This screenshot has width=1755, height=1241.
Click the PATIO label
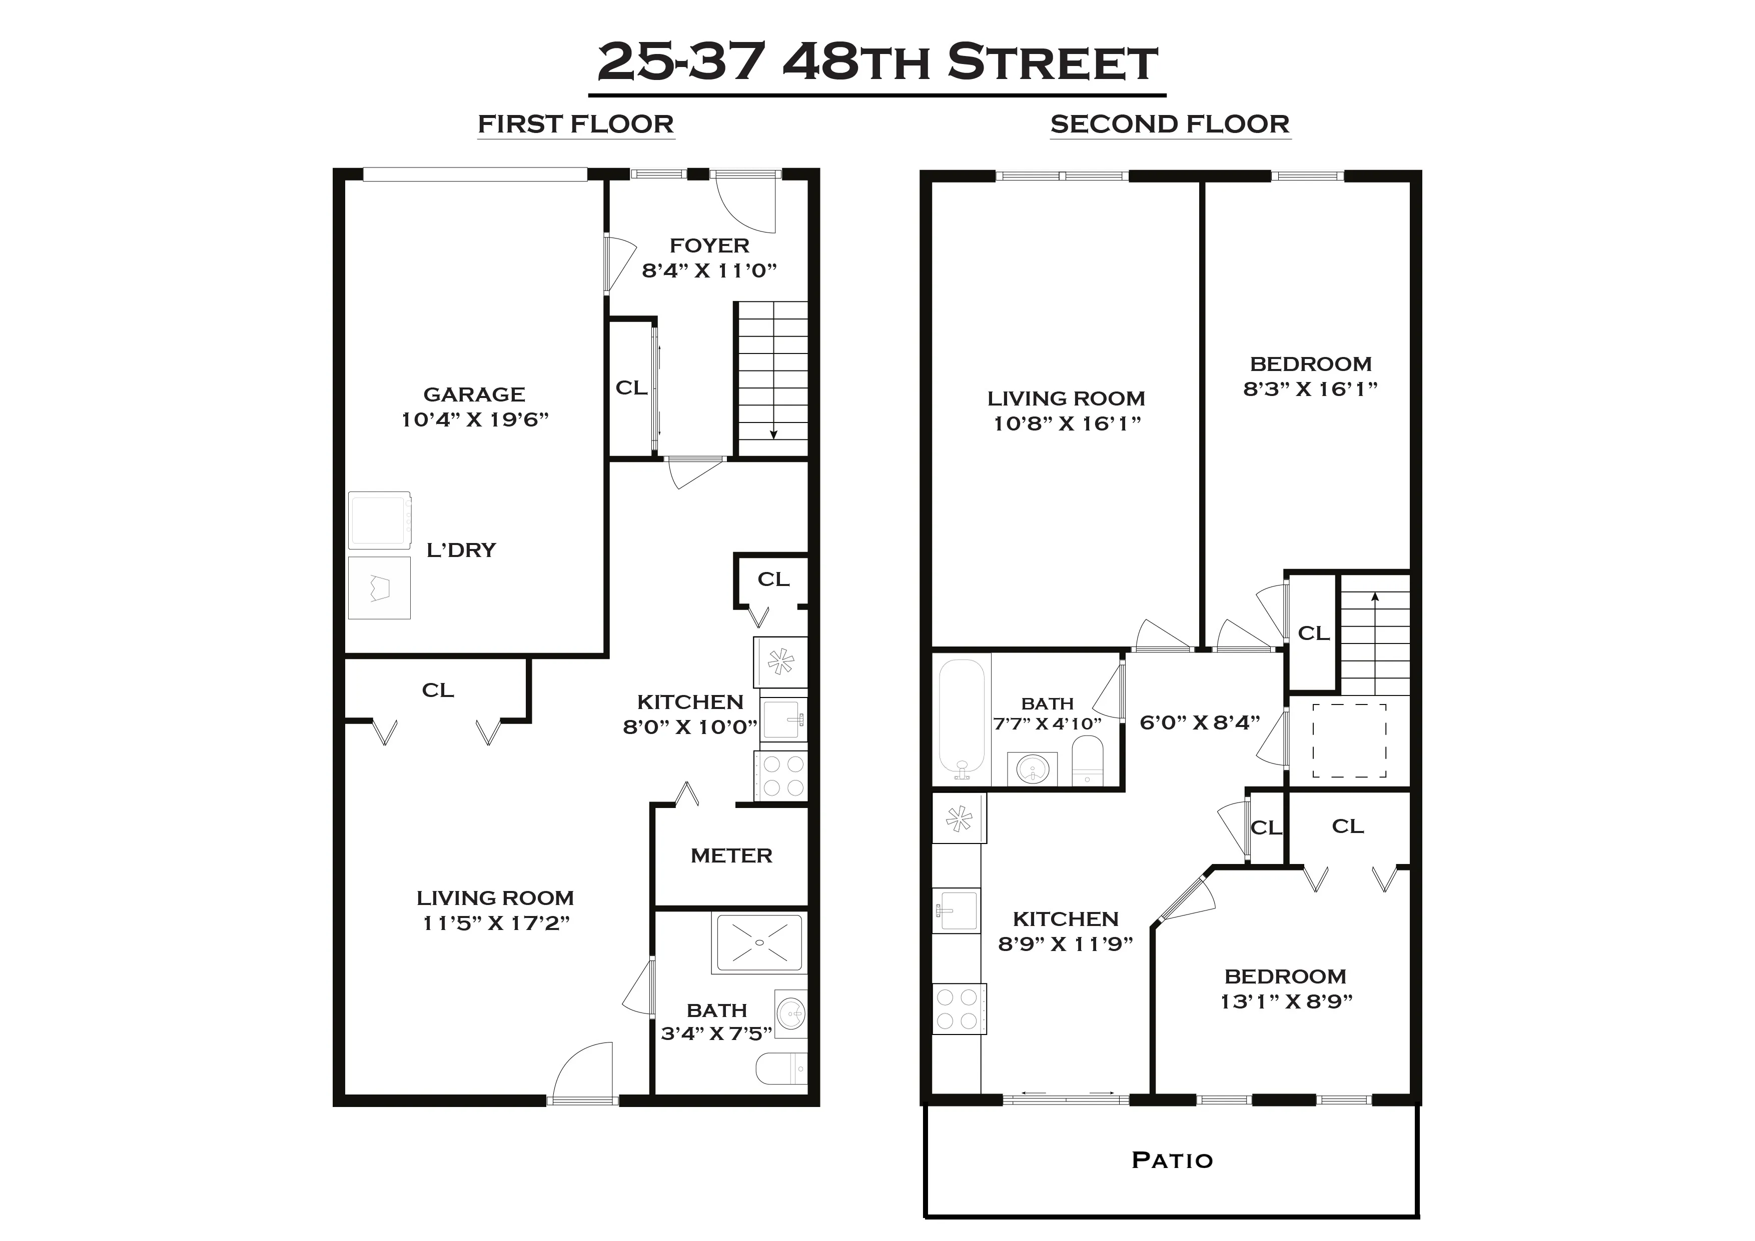pyautogui.click(x=1172, y=1160)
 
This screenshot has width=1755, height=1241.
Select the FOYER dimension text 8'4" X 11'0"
pyautogui.click(x=709, y=270)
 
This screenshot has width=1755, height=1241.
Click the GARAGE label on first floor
pyautogui.click(x=474, y=394)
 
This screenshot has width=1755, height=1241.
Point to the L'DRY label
pyautogui.click(x=461, y=550)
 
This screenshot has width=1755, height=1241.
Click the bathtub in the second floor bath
pyautogui.click(x=963, y=718)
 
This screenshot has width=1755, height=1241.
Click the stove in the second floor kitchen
pyautogui.click(x=959, y=1008)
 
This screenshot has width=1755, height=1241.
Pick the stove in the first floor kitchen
pyautogui.click(x=781, y=775)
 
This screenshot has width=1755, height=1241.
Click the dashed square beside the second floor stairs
pyautogui.click(x=1349, y=739)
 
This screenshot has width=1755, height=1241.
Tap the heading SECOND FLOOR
pyautogui.click(x=1170, y=124)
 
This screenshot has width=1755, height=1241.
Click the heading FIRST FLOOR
pyautogui.click(x=575, y=124)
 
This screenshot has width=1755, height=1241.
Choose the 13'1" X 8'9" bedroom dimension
pyautogui.click(x=1286, y=1001)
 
